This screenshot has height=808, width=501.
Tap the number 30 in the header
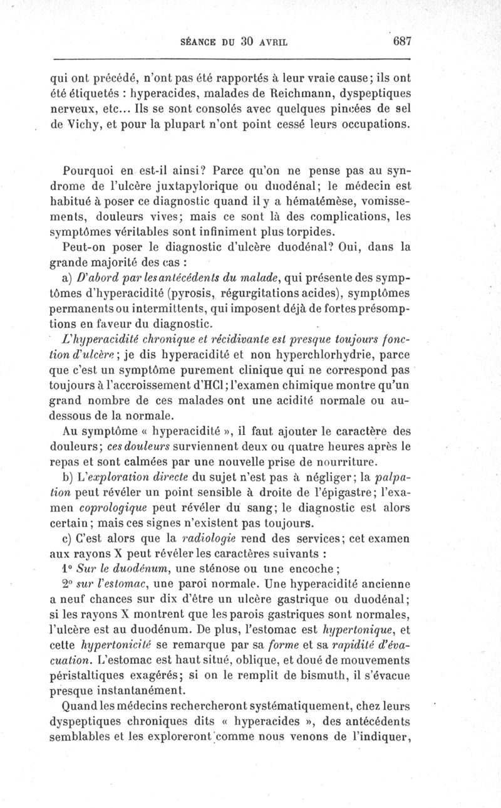[x=245, y=43]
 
